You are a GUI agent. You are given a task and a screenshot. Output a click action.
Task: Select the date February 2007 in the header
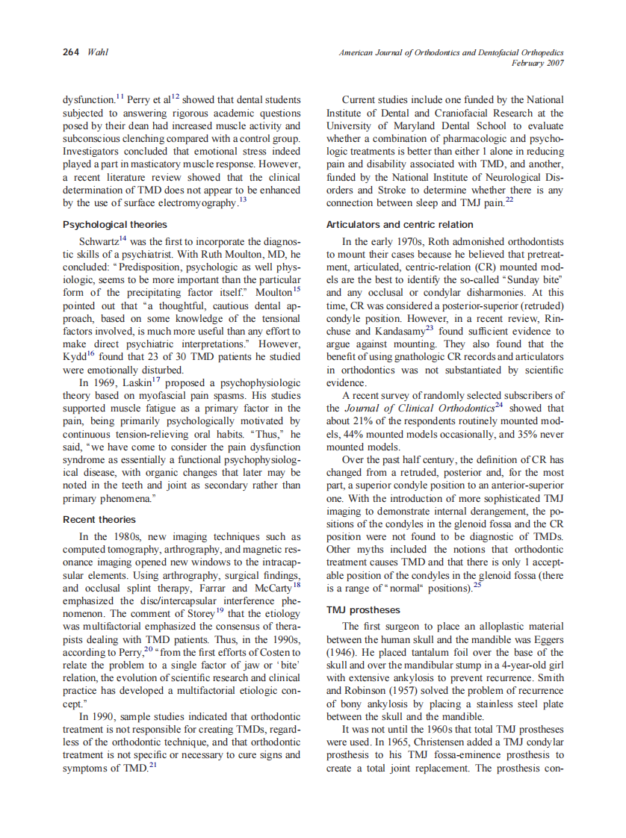[x=537, y=63]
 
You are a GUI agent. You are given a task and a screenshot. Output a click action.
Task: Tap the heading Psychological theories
[x=114, y=224]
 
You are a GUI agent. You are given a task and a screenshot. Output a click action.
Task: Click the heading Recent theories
[x=99, y=519]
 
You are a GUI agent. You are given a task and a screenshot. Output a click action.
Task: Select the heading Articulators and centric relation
[x=400, y=224]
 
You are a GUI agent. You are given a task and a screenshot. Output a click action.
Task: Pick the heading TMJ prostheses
[x=363, y=610]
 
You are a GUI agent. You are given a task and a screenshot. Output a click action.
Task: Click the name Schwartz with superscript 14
[x=100, y=241]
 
